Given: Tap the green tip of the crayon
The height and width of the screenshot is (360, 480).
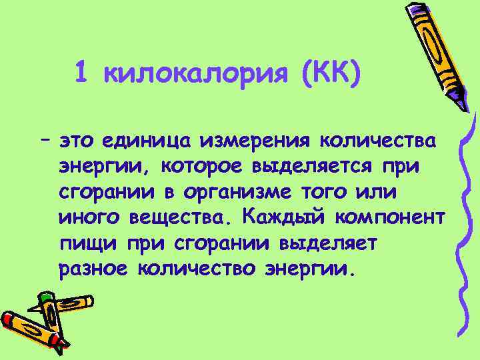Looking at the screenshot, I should [x=45, y=297].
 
